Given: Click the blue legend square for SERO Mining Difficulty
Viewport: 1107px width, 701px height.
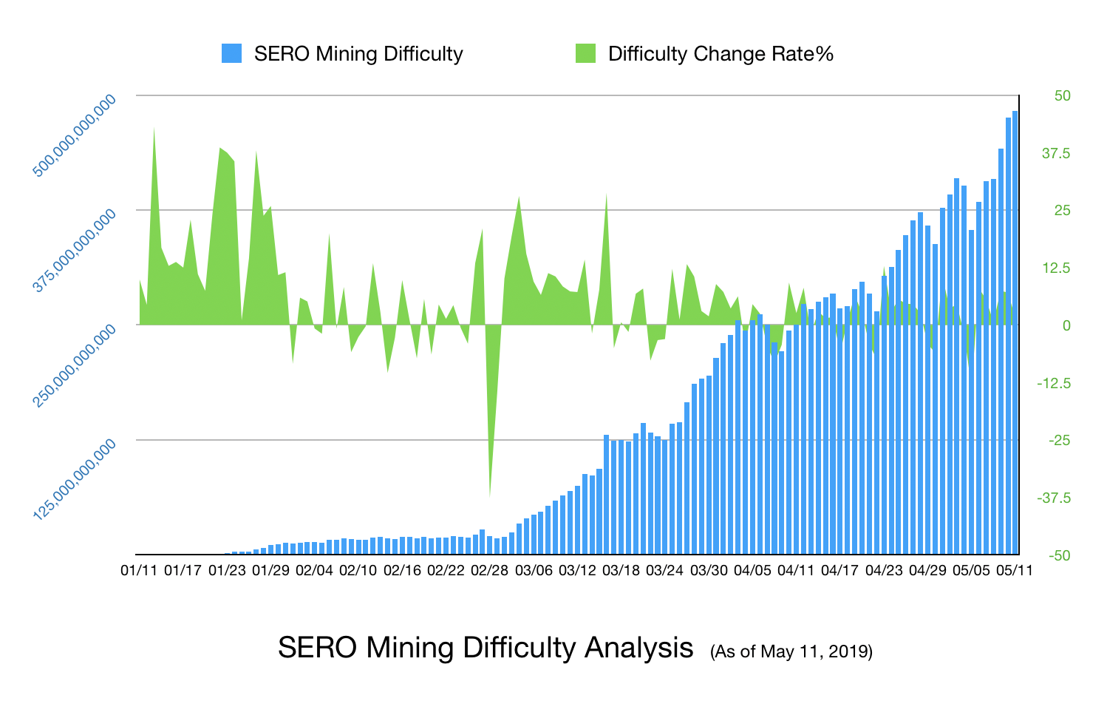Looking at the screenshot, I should (x=231, y=53).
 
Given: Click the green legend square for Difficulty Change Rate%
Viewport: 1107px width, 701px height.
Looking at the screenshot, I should (x=585, y=53).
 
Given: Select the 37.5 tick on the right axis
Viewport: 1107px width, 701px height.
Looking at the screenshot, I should (x=1056, y=153).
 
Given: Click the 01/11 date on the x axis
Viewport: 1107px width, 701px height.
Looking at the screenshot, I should (x=139, y=571).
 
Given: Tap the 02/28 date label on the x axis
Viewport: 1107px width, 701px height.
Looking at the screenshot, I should (x=490, y=571).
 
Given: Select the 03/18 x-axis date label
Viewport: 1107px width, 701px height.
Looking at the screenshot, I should (x=621, y=571).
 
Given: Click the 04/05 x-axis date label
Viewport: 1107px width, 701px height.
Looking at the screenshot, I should (x=752, y=571).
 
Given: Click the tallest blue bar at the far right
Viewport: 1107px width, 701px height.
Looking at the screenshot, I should (x=1015, y=333).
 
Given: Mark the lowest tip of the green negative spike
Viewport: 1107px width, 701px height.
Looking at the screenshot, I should (x=490, y=495).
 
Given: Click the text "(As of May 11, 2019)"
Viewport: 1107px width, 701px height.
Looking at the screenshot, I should (x=791, y=651).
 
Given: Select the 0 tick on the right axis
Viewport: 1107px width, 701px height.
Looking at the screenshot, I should (x=1066, y=325).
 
